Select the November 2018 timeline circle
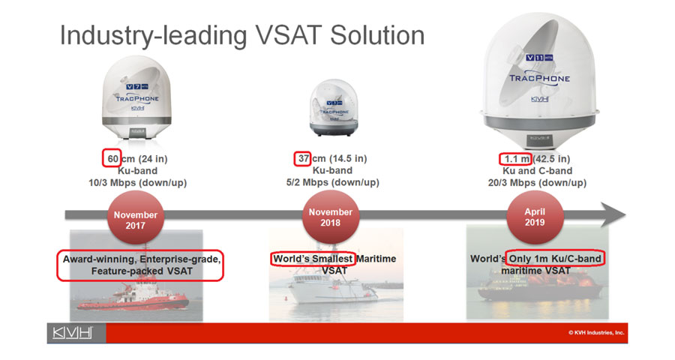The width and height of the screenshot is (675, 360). [x=331, y=217]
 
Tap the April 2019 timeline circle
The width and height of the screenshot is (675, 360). [x=535, y=217]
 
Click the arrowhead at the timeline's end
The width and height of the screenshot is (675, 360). [x=613, y=214]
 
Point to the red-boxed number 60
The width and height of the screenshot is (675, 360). [x=112, y=158]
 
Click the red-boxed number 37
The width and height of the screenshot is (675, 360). [x=304, y=158]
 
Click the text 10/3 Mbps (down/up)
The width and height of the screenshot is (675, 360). [x=138, y=182]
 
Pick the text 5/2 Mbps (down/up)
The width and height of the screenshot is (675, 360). [x=333, y=182]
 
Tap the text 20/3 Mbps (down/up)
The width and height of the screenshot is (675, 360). [x=537, y=182]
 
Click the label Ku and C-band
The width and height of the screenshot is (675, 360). [x=538, y=170]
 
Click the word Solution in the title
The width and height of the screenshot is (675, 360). [x=377, y=35]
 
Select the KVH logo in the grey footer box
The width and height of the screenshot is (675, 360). [x=72, y=333]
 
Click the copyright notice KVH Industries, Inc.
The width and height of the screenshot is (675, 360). [x=595, y=332]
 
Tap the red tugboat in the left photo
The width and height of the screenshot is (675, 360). [x=133, y=297]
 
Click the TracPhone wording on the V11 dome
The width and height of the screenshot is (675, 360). [x=539, y=78]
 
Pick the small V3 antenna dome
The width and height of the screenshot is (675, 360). [x=334, y=107]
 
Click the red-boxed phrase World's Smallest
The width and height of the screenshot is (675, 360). [x=313, y=259]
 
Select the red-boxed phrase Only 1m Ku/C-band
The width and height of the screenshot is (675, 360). [x=555, y=259]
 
